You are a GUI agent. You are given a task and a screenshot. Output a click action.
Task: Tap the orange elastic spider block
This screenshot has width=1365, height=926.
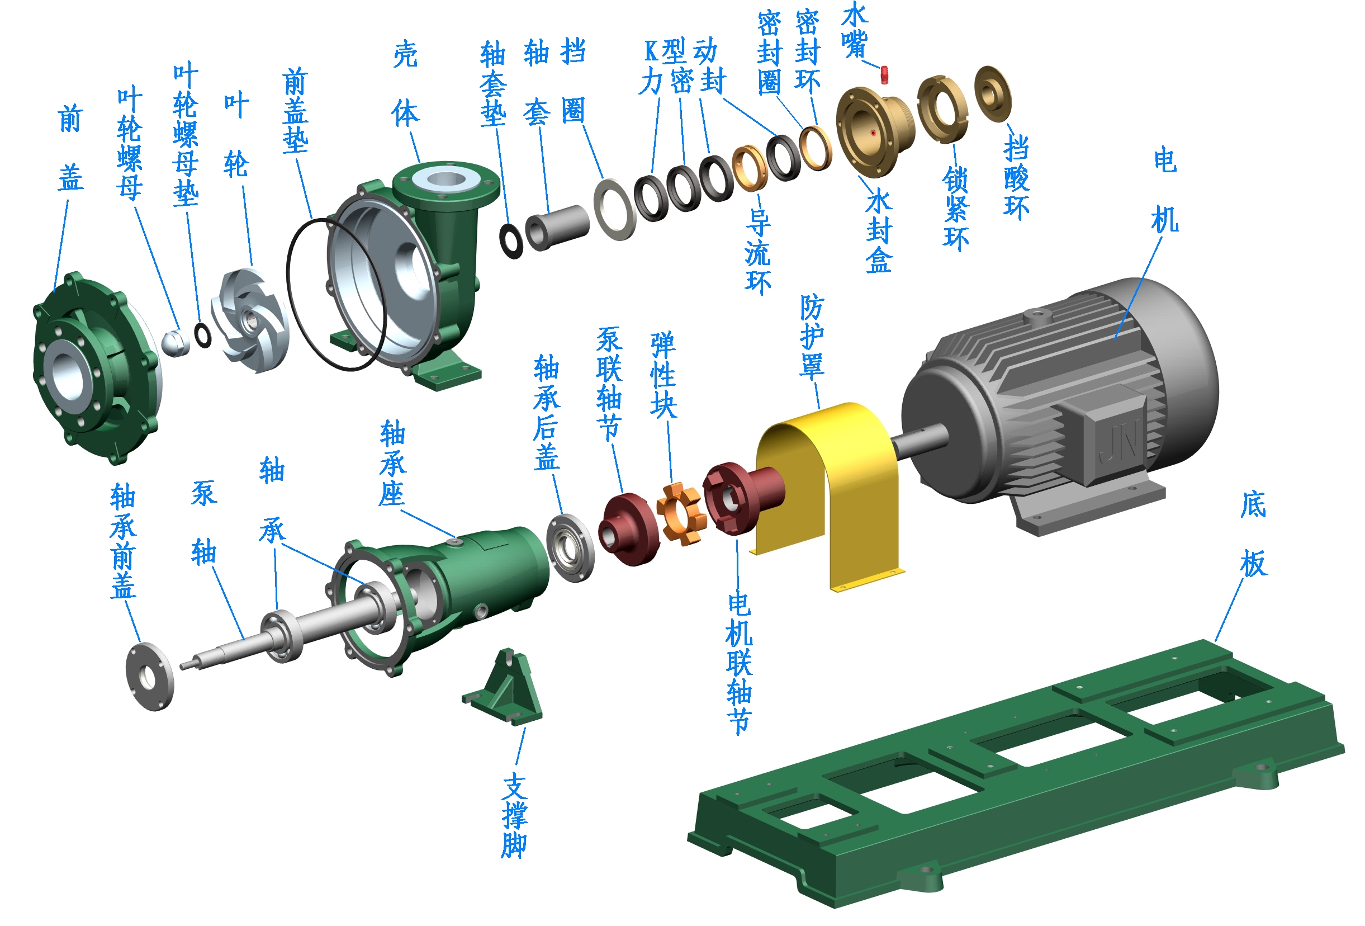[x=680, y=513]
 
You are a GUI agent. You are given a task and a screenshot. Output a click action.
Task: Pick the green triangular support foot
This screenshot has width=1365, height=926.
[x=504, y=687]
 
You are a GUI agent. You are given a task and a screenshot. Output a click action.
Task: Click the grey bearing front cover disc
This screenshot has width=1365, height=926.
[x=150, y=677]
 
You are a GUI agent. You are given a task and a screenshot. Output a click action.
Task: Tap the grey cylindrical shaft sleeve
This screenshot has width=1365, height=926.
[x=556, y=228]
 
